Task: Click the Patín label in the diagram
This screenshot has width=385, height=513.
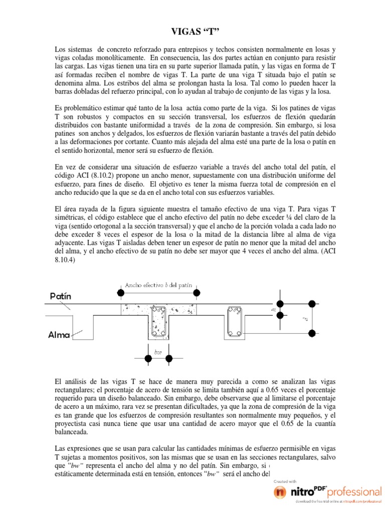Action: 61,296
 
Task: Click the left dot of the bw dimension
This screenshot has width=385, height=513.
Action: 148,358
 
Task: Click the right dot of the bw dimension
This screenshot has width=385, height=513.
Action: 169,358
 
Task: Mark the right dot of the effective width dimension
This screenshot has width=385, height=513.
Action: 197,292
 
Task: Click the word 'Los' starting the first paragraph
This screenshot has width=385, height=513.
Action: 60,51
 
